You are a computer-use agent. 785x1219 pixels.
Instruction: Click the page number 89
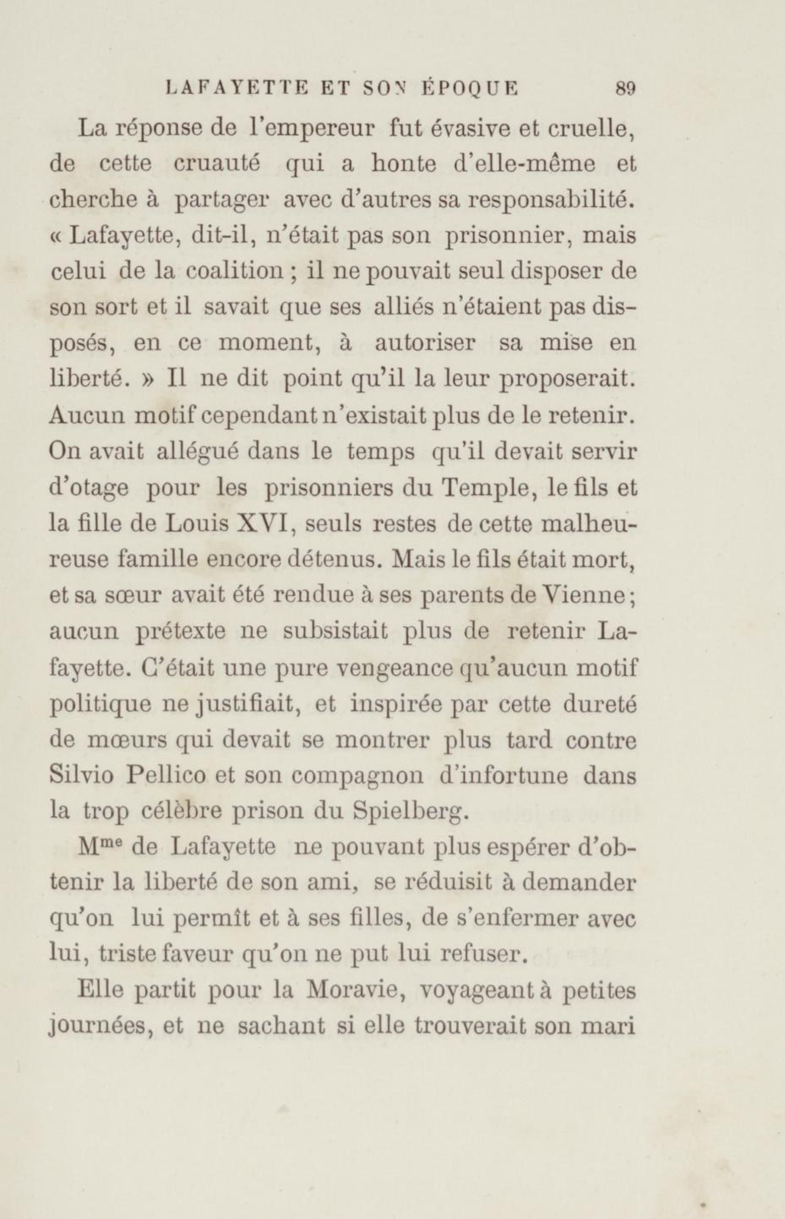pyautogui.click(x=625, y=89)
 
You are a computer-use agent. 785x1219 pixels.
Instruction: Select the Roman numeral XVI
pyautogui.click(x=264, y=524)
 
